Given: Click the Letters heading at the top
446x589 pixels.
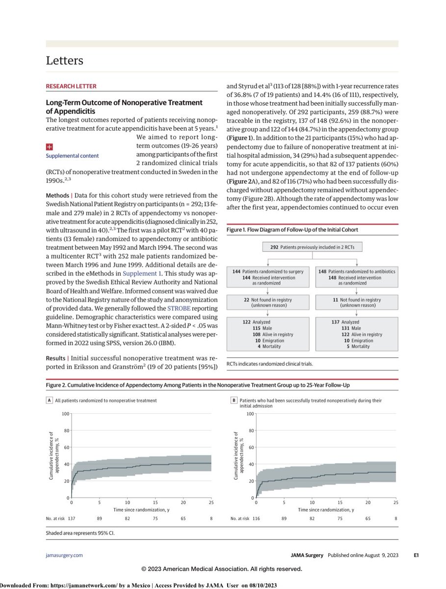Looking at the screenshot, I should coord(64,61).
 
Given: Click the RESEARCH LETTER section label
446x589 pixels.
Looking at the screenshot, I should coord(71,86).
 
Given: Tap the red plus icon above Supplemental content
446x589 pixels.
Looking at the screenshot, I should coord(49,146).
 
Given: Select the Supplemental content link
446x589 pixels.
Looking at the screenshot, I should coord(72,156).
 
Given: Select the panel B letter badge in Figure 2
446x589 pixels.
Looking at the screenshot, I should coord(234,401).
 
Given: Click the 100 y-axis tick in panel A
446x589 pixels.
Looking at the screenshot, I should coord(66,414).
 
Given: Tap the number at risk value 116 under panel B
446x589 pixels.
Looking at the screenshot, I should coord(256,518).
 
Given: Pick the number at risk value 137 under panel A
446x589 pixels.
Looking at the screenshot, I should coord(72,518).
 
